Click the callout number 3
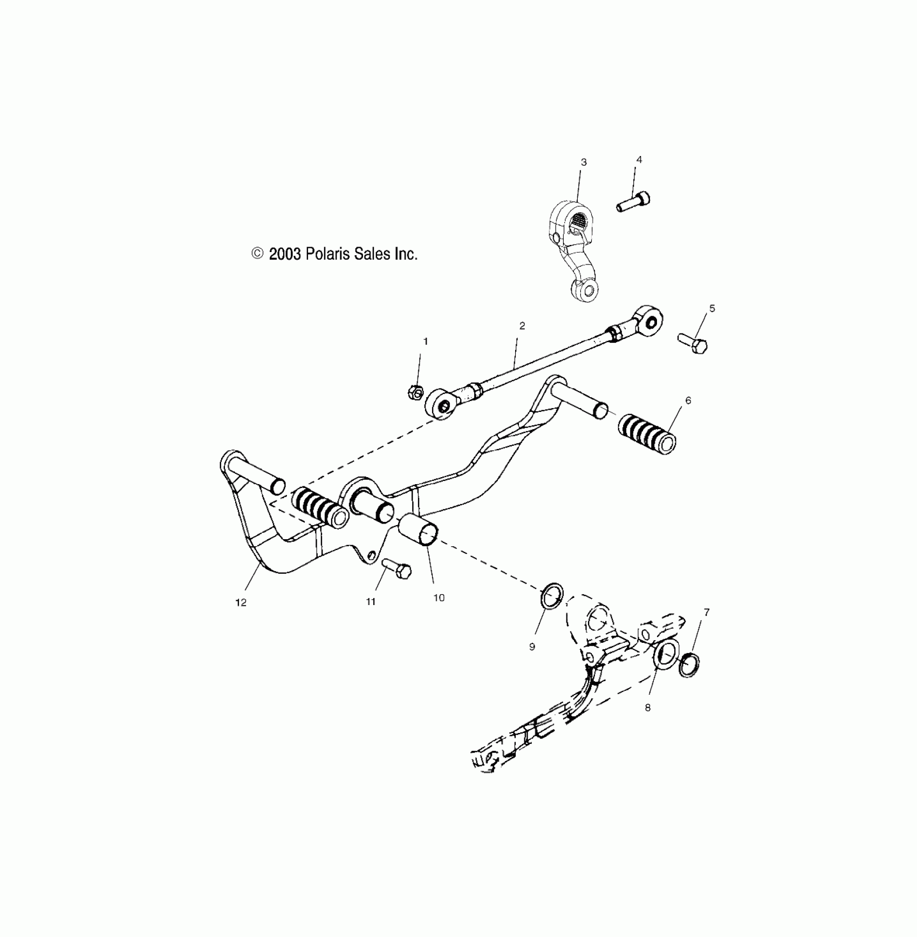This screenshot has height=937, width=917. point(584,162)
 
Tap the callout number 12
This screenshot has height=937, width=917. point(241,602)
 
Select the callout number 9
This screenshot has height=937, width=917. point(532,647)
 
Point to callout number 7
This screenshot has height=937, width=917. point(707,612)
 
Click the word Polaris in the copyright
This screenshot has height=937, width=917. point(329,254)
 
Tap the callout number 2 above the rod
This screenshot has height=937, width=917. point(522,326)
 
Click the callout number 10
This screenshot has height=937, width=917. point(439,597)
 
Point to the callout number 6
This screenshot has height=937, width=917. point(688,400)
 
